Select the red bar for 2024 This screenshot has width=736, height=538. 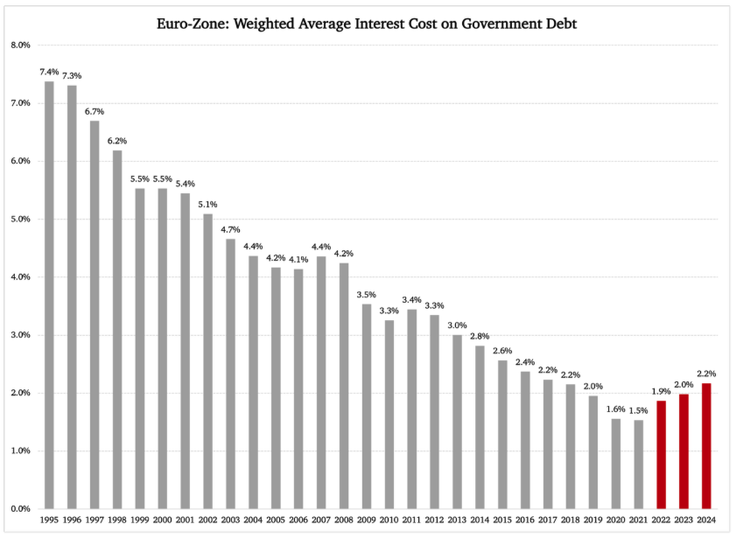pos(706,445)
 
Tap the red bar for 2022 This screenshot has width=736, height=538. pos(661,454)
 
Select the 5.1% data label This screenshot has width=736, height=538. pos(207,204)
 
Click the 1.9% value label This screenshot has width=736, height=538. pos(661,390)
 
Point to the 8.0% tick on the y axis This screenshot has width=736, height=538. pos(20,45)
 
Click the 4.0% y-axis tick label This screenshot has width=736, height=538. pos(20,276)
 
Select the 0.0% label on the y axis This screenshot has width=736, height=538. pos(20,508)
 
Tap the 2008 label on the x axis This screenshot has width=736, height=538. pos(344,521)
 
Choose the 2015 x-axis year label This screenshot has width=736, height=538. pos(502,521)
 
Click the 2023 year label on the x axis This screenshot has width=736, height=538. pos(683,521)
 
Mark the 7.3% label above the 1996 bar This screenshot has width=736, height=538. pos(72,76)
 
